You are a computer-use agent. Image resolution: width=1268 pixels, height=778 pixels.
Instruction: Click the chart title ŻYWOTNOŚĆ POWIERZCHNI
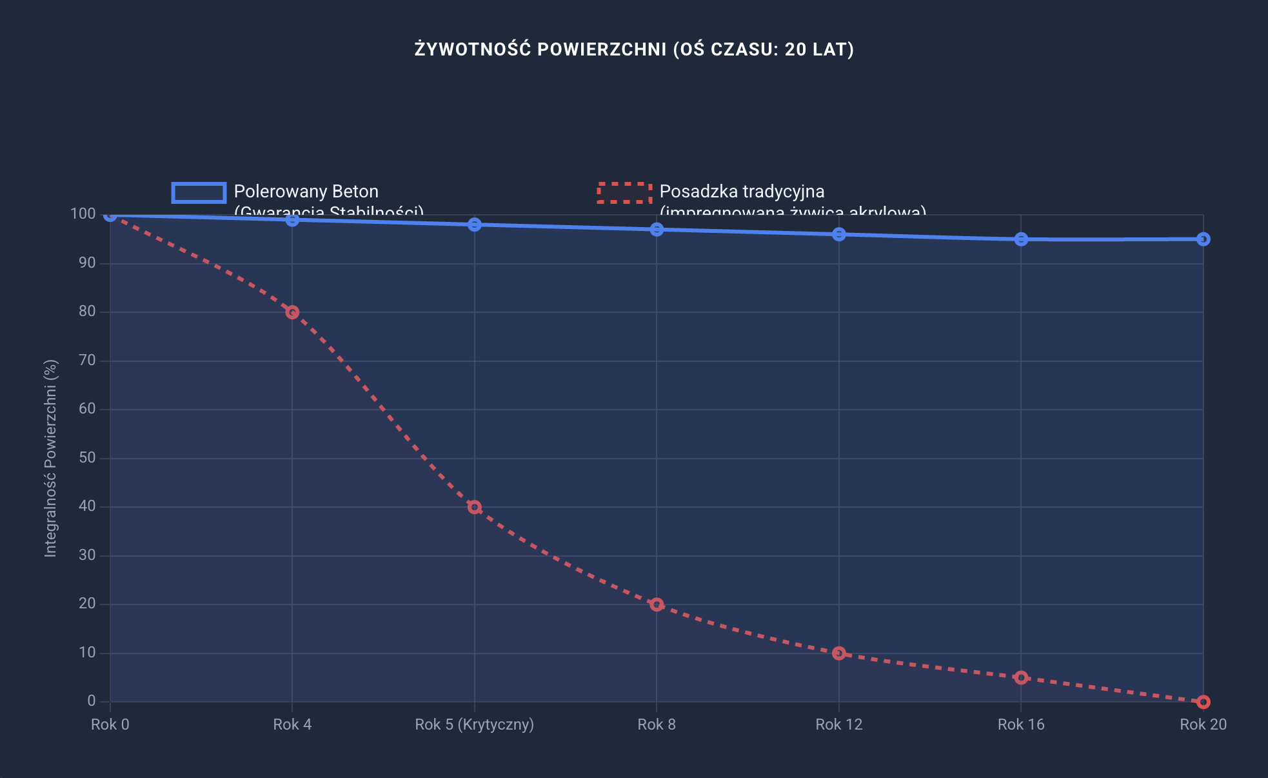point(634,50)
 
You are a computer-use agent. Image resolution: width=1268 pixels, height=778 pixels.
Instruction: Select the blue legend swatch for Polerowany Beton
point(199,192)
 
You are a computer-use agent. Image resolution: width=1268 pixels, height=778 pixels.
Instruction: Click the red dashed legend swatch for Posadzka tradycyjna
point(624,192)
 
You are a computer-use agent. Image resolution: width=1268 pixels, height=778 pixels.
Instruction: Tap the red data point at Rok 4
point(292,312)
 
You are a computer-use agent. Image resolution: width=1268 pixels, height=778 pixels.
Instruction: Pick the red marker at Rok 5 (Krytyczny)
point(475,507)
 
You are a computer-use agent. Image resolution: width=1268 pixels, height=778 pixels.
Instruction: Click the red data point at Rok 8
point(657,604)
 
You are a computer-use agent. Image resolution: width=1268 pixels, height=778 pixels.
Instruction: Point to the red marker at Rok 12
point(838,653)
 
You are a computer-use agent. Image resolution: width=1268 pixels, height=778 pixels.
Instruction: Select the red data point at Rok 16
point(1021,677)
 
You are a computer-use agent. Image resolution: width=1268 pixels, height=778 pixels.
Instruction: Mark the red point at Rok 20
point(1203,702)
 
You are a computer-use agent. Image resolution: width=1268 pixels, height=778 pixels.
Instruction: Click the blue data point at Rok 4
point(292,220)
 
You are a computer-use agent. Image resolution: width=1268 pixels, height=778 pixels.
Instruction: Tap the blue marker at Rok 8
point(657,230)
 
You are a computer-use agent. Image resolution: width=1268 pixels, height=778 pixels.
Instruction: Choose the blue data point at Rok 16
point(1021,239)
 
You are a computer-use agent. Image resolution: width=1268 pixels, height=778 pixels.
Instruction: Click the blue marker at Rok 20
point(1203,239)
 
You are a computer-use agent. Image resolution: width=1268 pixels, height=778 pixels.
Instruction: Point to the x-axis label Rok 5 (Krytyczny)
point(474,724)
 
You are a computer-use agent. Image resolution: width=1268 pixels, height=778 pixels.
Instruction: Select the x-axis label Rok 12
point(838,724)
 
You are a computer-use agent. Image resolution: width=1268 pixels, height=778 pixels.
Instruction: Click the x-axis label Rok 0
point(110,724)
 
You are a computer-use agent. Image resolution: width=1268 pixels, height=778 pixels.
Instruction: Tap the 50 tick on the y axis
point(87,458)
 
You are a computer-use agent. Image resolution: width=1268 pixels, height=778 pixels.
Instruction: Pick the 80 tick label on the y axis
point(87,312)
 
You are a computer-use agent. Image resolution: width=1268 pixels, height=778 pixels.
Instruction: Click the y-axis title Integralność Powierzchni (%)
point(51,458)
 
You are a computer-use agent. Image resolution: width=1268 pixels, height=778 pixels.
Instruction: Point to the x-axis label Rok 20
point(1203,724)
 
